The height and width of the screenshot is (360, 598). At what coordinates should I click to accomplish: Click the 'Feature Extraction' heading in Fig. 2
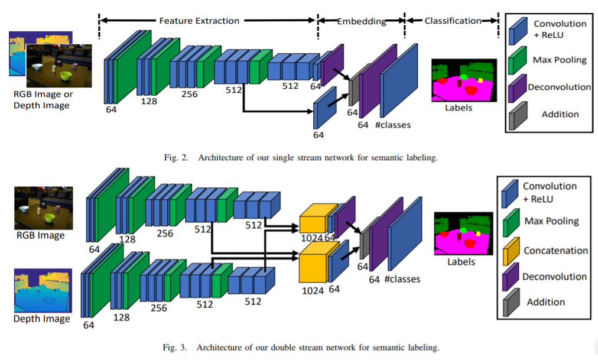click(199, 21)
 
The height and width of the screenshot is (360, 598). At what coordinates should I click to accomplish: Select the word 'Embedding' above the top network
click(362, 21)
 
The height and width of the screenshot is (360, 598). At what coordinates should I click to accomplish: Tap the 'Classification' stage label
click(453, 21)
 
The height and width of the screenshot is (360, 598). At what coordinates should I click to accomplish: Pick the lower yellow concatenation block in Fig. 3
click(313, 266)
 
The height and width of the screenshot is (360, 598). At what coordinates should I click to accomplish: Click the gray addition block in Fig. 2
click(353, 90)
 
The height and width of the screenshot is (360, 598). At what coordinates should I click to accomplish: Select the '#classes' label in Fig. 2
click(392, 125)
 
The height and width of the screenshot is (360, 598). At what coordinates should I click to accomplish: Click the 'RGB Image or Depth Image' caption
click(41, 100)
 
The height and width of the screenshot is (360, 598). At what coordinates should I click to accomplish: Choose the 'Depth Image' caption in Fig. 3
click(42, 319)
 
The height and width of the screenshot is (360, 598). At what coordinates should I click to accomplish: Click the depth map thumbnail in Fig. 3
click(42, 290)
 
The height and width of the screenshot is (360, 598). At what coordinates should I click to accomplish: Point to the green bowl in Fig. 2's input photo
click(65, 75)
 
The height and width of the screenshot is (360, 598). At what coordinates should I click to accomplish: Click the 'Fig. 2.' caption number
click(176, 157)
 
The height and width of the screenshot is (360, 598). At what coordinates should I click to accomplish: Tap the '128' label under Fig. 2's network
click(149, 102)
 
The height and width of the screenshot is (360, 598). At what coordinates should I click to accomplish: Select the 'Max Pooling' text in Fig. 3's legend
click(551, 220)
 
